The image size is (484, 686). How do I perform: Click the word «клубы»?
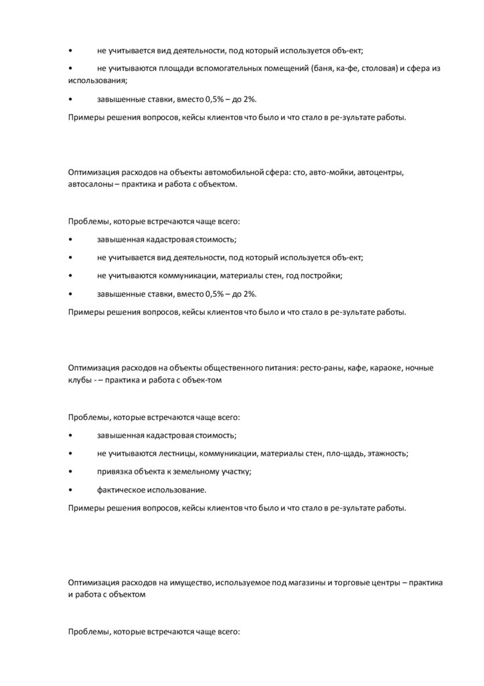[80, 379]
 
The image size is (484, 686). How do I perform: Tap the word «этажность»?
[385, 453]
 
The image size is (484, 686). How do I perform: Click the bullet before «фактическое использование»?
[70, 490]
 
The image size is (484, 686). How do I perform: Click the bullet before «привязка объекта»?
[70, 471]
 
